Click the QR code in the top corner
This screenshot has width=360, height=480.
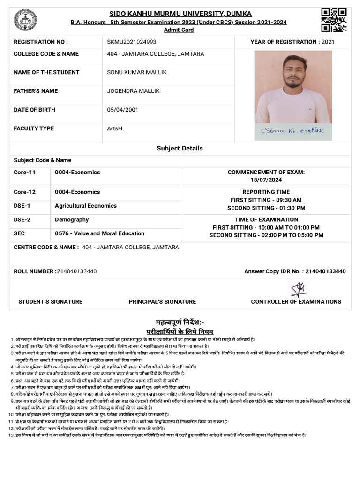tap(334, 20)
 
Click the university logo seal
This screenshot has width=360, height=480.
tap(22, 20)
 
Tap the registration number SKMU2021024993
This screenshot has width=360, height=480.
tap(132, 42)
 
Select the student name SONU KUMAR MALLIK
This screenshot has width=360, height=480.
tap(137, 72)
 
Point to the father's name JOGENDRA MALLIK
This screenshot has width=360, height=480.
tap(133, 90)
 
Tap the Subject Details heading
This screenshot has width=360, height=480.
tap(180, 148)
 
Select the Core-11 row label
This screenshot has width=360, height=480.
tap(24, 172)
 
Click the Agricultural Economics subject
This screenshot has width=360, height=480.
tap(86, 205)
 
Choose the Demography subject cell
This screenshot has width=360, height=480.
tap(72, 219)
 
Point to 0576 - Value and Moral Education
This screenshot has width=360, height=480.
tap(99, 233)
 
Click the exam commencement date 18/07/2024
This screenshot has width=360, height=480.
tap(266, 180)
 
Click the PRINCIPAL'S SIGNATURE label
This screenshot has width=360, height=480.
tap(162, 301)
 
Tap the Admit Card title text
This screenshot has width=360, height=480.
tap(179, 30)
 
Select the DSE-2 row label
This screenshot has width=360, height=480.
tap(22, 219)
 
